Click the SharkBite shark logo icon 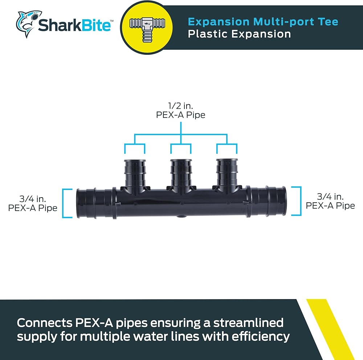(26, 24)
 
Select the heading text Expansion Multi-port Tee (263, 21)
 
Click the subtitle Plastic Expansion (239, 34)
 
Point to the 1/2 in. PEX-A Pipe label (180, 111)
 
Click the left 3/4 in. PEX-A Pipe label (33, 203)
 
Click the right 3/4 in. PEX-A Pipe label (330, 201)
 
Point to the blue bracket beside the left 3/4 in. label (66, 203)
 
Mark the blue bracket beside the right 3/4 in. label (298, 201)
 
